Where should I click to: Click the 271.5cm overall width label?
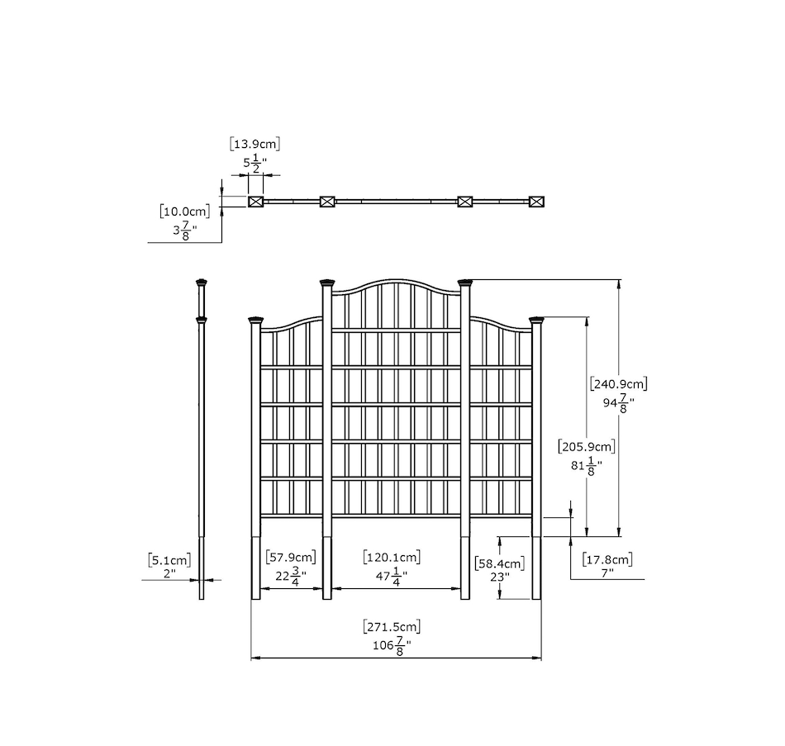click(x=392, y=626)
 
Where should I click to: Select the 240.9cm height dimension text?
click(x=619, y=384)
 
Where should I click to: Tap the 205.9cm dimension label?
click(x=587, y=446)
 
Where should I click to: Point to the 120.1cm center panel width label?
click(x=392, y=557)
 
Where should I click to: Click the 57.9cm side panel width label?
click(x=290, y=557)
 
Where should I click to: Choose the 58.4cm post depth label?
click(x=500, y=563)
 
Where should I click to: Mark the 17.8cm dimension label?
click(x=607, y=558)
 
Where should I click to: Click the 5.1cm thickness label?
click(x=169, y=560)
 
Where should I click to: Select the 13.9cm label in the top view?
click(x=255, y=145)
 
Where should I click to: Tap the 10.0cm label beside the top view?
click(x=185, y=211)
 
